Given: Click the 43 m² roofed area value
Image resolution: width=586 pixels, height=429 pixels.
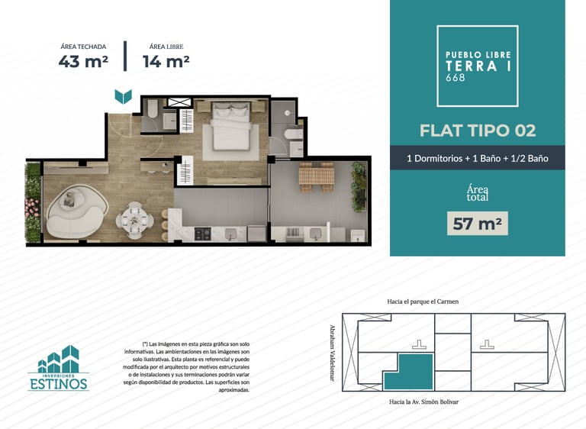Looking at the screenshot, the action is [83, 61].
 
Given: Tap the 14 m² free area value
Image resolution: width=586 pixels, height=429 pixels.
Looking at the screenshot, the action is [166, 61].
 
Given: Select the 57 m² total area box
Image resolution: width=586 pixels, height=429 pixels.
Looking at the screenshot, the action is [477, 224].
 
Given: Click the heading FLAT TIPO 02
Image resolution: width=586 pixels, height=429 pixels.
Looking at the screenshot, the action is [478, 131].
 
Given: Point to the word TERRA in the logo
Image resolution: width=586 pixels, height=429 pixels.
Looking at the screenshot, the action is [472, 66].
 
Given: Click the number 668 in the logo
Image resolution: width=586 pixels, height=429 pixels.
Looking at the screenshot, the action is [456, 77].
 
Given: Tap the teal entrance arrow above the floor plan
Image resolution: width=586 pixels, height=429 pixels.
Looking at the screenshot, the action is [124, 96].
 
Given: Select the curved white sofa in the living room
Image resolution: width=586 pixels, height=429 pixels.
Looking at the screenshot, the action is [76, 211].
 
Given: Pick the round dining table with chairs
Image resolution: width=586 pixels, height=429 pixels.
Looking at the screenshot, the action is [134, 221].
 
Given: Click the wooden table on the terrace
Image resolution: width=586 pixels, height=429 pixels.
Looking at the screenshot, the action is [316, 176].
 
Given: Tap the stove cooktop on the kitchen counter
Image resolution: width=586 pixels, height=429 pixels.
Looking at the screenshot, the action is [202, 234].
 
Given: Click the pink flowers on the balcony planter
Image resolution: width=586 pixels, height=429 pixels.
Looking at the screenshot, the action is [32, 208].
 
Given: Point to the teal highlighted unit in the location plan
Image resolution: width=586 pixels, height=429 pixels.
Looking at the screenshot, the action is [409, 372].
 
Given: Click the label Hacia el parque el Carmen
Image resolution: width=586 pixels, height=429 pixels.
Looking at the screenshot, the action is [423, 302].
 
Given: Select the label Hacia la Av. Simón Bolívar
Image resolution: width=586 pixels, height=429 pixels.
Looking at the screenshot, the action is [423, 402].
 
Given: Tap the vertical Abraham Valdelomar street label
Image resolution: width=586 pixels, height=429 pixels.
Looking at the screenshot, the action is [331, 353].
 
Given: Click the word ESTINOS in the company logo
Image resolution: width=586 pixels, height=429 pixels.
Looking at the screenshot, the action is [59, 384].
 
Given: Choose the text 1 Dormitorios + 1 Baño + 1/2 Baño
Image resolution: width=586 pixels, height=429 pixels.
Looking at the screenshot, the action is [478, 159].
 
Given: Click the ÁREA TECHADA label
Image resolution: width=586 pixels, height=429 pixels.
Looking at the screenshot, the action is [83, 47].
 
